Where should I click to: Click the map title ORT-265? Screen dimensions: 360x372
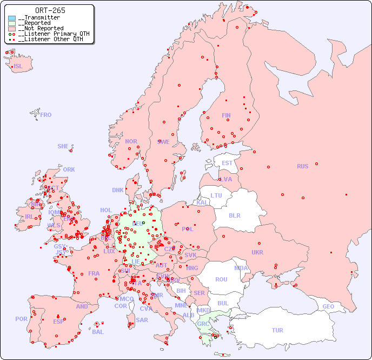[x=50, y=10]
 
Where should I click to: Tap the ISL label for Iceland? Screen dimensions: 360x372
[x=18, y=67]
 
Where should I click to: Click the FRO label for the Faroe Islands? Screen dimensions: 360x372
[x=46, y=115]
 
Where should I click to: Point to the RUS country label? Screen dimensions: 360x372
[x=302, y=166]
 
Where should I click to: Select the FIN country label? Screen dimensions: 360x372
[x=226, y=115]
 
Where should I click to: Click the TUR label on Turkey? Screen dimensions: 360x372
[x=277, y=330]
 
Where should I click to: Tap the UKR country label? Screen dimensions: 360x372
[x=257, y=252]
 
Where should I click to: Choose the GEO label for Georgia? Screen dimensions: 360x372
[x=328, y=306]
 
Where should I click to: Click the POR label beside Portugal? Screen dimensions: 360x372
[x=21, y=319]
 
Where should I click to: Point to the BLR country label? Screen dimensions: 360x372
[x=235, y=215]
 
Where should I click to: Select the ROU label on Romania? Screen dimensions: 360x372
[x=221, y=279]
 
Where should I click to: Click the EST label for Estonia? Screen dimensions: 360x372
[x=227, y=163]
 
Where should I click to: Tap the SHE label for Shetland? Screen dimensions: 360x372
[x=63, y=146]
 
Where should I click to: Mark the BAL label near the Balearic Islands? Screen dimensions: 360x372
[x=98, y=332]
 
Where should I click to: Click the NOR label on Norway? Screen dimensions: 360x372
[x=131, y=141]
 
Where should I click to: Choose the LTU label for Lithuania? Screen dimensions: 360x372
[x=216, y=195]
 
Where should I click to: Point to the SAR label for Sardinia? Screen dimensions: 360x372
[x=142, y=320]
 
